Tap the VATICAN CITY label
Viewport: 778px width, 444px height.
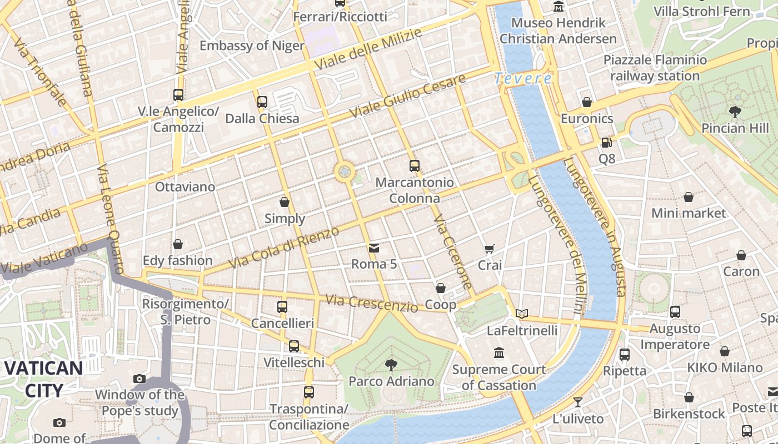(44, 379)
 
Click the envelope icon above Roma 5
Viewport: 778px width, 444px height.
(374, 248)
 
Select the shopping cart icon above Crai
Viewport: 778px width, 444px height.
(489, 249)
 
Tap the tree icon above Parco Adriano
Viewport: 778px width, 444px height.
(391, 365)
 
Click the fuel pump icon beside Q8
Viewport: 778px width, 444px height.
(606, 143)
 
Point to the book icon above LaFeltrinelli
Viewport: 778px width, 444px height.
(521, 314)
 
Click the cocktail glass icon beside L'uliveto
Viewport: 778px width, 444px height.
(578, 402)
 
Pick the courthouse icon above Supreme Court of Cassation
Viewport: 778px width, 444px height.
(499, 353)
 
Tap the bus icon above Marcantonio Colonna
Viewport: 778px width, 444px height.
(414, 165)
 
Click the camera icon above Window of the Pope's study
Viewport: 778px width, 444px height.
(139, 379)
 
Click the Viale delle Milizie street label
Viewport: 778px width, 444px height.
(368, 49)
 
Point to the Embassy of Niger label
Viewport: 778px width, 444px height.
(252, 46)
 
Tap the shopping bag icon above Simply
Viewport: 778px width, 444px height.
(285, 202)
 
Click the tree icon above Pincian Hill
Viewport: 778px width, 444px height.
(735, 112)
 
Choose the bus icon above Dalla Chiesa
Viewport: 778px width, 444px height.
(262, 102)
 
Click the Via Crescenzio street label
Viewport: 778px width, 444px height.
(371, 303)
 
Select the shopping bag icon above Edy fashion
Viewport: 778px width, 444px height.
(178, 244)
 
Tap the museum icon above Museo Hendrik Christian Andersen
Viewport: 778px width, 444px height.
(558, 7)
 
